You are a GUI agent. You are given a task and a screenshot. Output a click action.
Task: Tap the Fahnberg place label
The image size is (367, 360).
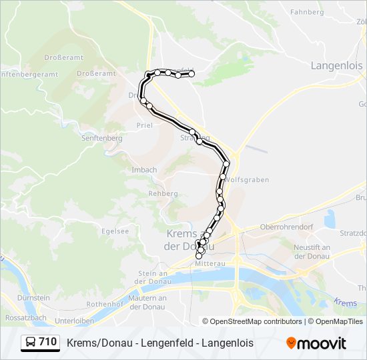(x=307, y=11)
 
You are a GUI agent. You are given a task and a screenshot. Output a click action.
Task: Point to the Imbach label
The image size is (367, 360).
(x=144, y=170)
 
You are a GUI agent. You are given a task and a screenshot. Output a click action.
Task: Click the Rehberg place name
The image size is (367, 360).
(x=163, y=193)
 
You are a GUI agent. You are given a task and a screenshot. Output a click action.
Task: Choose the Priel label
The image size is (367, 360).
(x=145, y=125)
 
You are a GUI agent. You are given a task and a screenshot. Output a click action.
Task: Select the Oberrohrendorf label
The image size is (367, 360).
(x=286, y=226)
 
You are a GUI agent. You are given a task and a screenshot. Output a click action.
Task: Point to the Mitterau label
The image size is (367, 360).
(x=208, y=263)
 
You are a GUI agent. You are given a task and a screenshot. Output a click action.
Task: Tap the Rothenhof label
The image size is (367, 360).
(x=101, y=303)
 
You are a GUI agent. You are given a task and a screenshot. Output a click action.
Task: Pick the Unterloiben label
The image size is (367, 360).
(x=75, y=320)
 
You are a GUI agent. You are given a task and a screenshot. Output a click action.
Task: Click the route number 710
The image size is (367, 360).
(x=48, y=342)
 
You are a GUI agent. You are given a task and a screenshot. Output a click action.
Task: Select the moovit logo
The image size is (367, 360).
(x=316, y=343)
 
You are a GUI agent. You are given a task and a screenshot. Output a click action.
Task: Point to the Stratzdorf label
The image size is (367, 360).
(x=353, y=233)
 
